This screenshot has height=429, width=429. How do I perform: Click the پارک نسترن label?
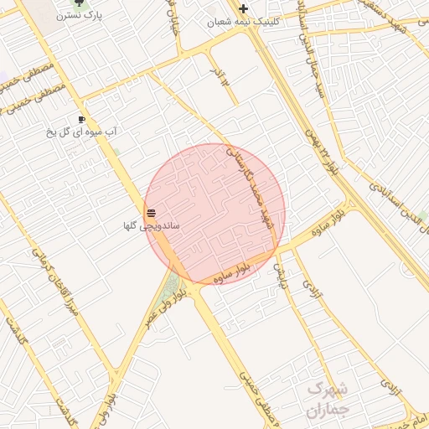[79, 16]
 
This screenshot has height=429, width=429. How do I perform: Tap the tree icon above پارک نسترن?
[79, 3]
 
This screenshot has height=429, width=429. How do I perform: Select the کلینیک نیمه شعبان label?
[243, 22]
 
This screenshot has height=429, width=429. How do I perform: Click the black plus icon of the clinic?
[243, 8]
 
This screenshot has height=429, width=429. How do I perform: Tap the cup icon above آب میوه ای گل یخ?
[82, 119]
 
